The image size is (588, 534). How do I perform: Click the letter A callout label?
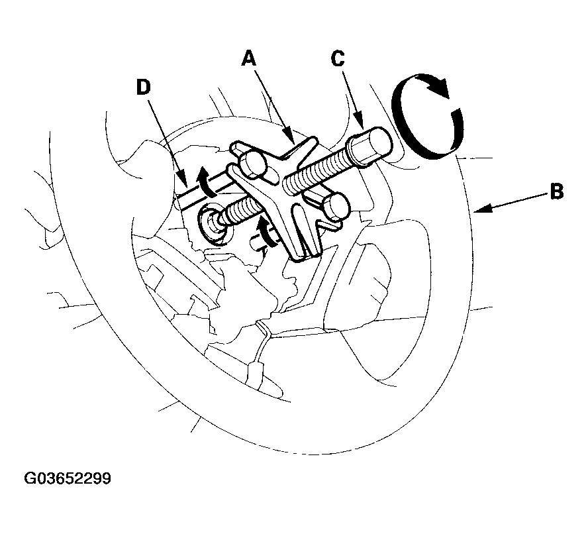point(249,59)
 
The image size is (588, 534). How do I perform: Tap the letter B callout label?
point(556,191)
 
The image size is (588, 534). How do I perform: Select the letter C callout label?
point(338,59)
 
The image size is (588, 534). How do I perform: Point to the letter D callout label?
point(143,87)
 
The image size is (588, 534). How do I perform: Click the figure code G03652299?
point(68,478)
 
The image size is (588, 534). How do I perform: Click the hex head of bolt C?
point(370,146)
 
